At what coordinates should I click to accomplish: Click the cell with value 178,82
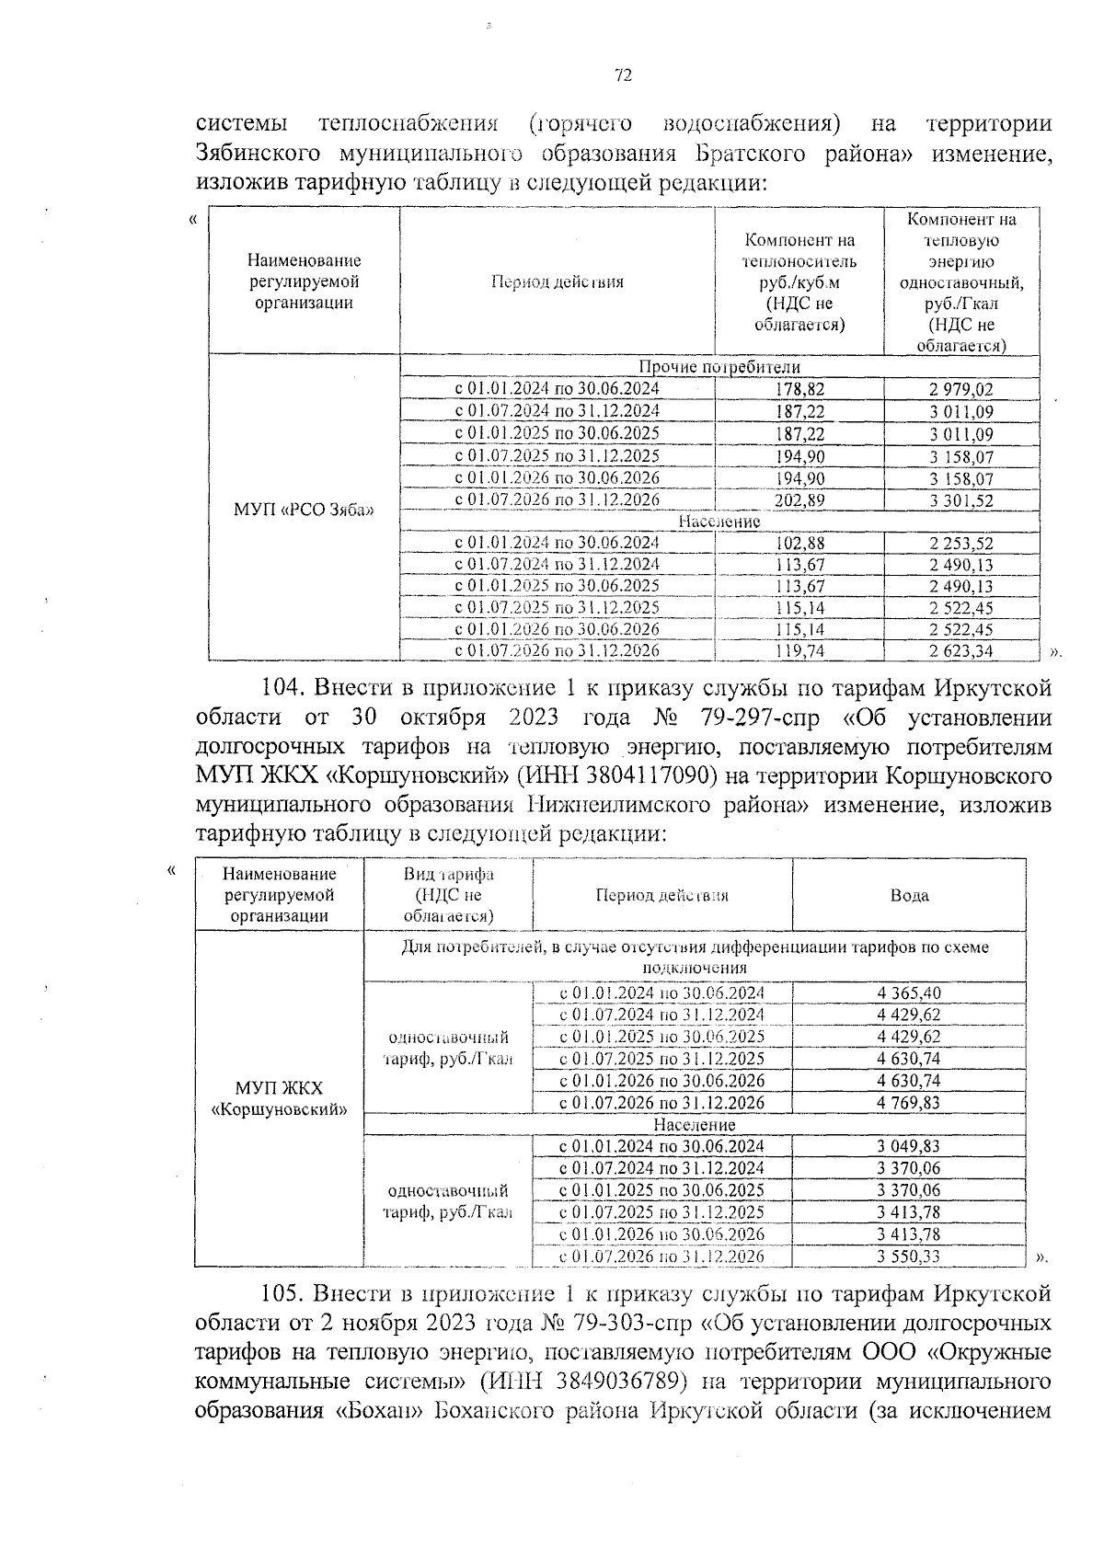coord(799,389)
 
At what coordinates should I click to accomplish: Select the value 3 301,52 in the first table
coord(960,501)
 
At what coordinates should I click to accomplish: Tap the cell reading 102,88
coord(799,544)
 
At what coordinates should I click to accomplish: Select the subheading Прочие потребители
coord(719,367)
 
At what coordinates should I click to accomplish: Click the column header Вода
coord(909,896)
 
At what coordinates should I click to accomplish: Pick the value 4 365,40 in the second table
coord(909,993)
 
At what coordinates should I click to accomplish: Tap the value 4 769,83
coord(909,1103)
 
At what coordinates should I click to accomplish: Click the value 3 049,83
coord(909,1146)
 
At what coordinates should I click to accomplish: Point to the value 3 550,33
coord(909,1256)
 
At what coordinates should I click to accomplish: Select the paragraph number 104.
coord(282,689)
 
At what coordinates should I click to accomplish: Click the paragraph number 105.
coord(282,1294)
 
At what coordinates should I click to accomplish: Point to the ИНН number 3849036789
coord(625,1383)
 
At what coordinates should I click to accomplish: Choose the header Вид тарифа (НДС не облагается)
coord(448,895)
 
